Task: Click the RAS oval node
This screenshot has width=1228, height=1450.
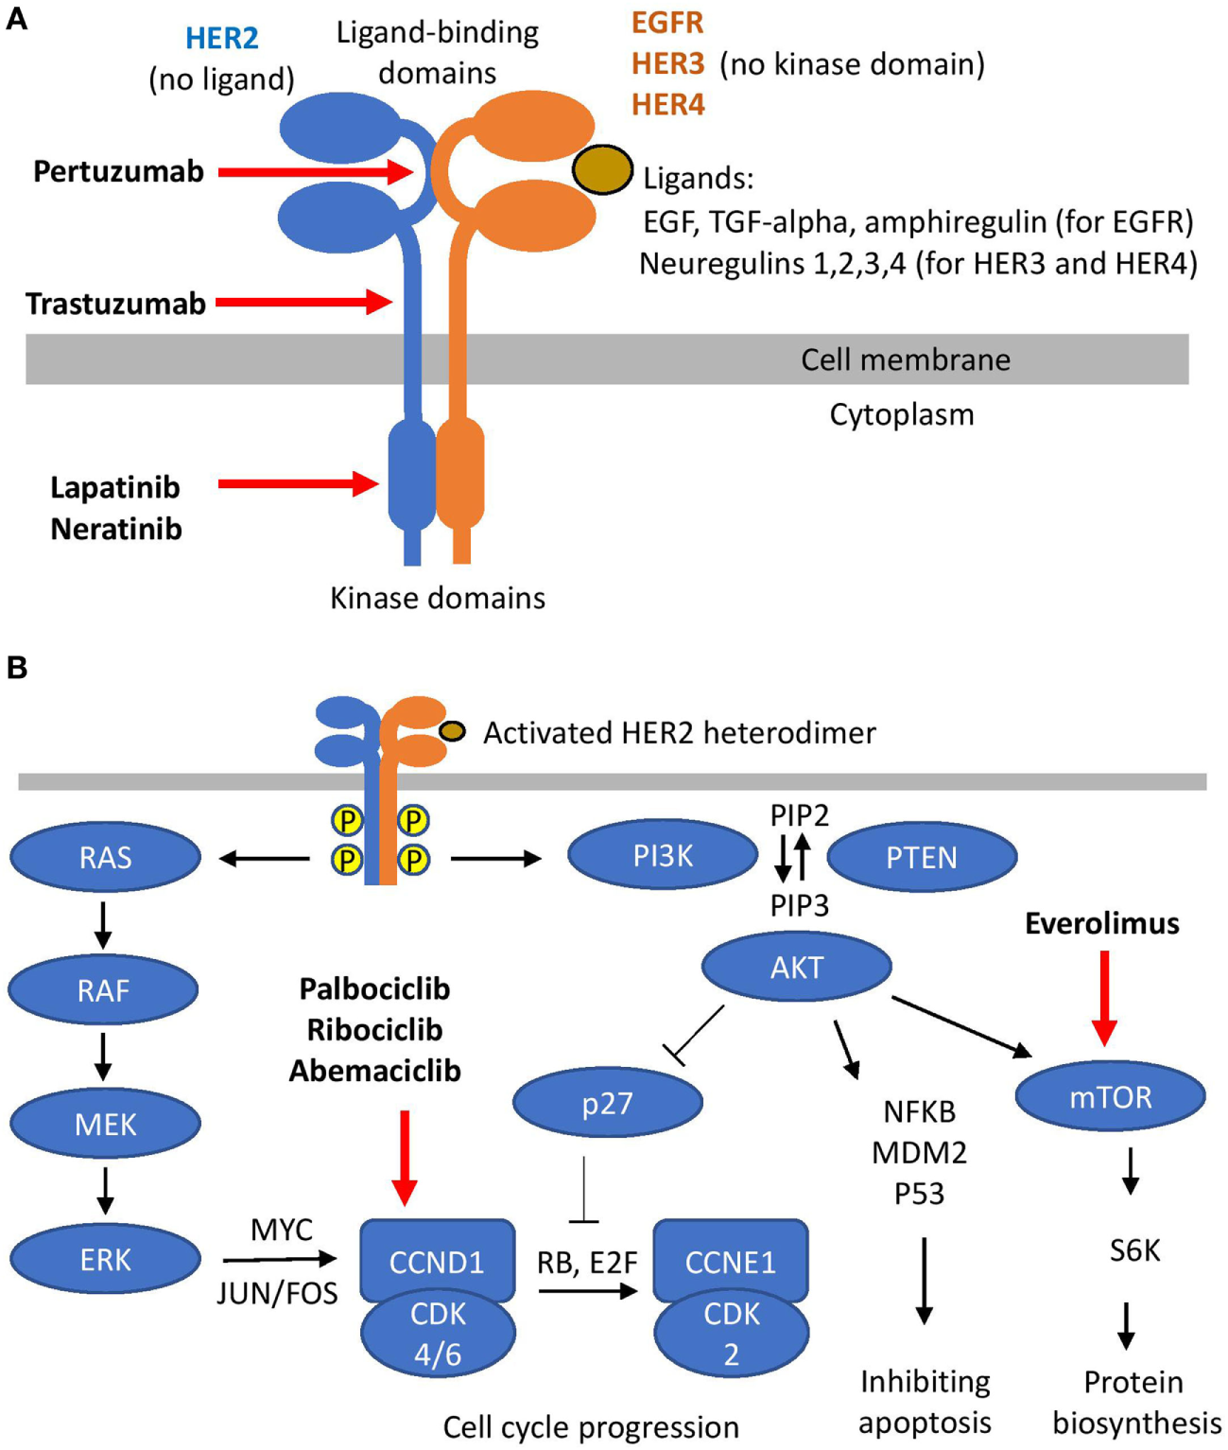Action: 105,857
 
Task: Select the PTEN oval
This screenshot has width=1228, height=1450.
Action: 922,857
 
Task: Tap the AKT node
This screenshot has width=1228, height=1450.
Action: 797,968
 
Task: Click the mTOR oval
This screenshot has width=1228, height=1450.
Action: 1110,1095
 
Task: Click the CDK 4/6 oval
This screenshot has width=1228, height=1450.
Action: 439,1334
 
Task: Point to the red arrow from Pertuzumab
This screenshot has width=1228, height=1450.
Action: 316,172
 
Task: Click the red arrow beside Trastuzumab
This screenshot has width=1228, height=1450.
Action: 303,303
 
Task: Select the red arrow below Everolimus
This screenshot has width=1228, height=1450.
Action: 1104,999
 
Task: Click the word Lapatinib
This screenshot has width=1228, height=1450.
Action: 115,488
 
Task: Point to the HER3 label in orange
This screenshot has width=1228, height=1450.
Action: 667,63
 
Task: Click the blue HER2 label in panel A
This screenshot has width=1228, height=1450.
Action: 221,38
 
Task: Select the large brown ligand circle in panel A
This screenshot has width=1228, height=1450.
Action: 602,169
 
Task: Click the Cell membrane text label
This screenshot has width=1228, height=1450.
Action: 906,359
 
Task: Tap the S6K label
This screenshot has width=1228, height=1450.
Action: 1134,1250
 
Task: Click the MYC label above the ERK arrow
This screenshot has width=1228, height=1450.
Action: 282,1229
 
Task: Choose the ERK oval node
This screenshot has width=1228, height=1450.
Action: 105,1260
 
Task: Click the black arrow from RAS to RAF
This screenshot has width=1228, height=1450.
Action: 103,926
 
